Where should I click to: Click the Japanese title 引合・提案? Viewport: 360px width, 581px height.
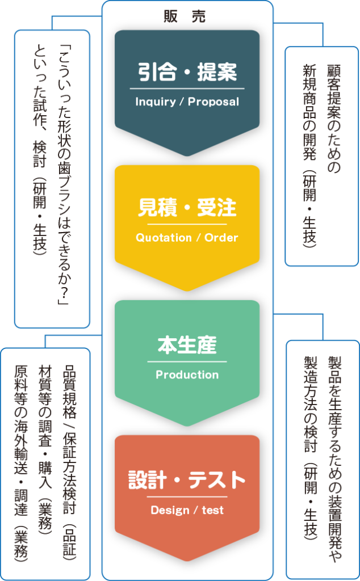[187, 73]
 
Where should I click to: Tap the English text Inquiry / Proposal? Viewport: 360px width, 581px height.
[187, 102]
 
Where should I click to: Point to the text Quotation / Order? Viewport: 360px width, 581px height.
[187, 238]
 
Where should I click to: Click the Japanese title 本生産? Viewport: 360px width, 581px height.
[187, 344]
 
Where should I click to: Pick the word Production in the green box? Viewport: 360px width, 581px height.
[187, 374]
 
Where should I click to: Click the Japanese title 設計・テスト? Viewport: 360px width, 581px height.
[187, 481]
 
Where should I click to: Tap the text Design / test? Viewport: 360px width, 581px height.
[187, 510]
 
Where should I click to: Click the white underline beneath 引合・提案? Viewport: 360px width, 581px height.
[187, 89]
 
